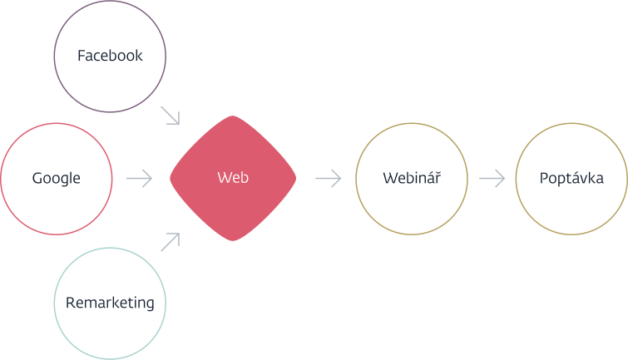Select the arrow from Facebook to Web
click(x=170, y=116)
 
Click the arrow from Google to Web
click(x=139, y=178)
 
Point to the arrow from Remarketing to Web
click(x=170, y=242)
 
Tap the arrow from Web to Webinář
click(x=329, y=178)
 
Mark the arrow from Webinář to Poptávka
click(x=492, y=178)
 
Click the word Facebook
click(x=110, y=56)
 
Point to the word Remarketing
click(x=110, y=303)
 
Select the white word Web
click(x=233, y=178)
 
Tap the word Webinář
click(x=411, y=178)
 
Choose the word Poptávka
click(x=571, y=178)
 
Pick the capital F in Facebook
click(x=81, y=56)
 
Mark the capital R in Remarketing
click(x=70, y=303)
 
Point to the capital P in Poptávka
click(x=543, y=178)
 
